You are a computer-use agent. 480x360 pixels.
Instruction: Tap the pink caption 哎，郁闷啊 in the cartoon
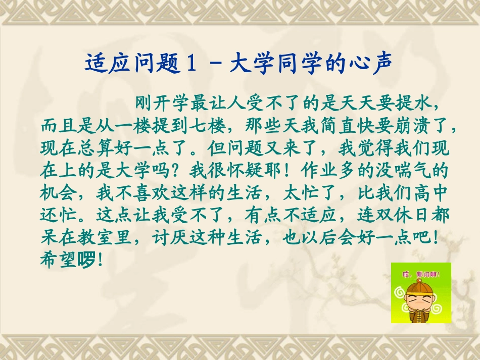(x=421, y=275)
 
